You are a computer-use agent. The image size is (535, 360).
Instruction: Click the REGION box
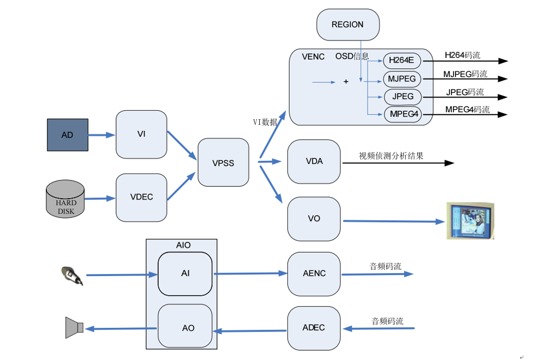tap(348, 24)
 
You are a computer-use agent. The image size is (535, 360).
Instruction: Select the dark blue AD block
tap(67, 135)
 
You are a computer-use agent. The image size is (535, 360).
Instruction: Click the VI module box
tap(141, 134)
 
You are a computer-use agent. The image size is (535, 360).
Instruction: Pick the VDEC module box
tap(141, 197)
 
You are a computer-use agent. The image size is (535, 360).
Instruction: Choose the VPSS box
tap(223, 163)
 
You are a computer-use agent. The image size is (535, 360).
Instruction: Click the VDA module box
tap(314, 161)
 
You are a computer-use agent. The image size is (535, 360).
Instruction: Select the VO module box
tap(314, 219)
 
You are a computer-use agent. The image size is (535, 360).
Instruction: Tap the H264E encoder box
tap(402, 61)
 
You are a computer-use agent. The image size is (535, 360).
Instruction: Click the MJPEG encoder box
tap(402, 79)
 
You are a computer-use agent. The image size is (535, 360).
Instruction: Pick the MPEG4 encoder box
tap(402, 115)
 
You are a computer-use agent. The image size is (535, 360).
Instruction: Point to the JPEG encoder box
tap(403, 97)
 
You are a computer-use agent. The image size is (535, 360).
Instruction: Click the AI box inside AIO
tap(185, 274)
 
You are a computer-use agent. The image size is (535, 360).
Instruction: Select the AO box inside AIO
tap(185, 327)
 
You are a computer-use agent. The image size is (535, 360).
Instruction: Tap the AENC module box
tap(314, 274)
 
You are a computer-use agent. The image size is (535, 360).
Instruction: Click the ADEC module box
tap(314, 328)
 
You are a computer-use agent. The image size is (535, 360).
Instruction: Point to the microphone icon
tap(72, 276)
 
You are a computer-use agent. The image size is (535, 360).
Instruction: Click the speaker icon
tap(75, 327)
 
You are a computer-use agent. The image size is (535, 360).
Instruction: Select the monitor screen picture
tap(470, 221)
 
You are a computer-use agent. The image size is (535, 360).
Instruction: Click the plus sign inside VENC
tap(346, 82)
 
